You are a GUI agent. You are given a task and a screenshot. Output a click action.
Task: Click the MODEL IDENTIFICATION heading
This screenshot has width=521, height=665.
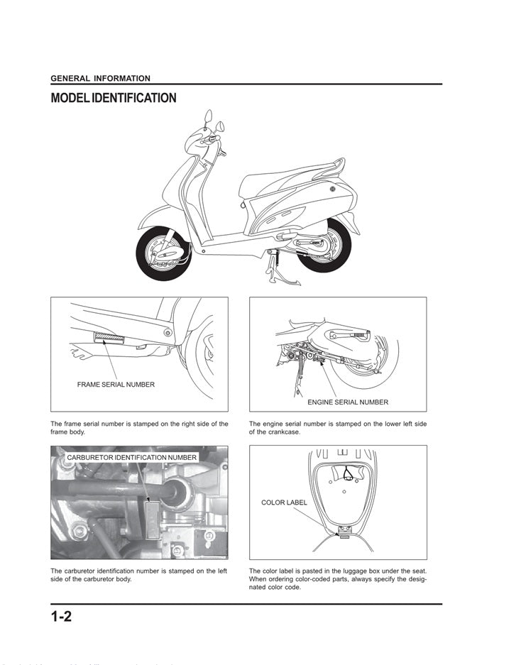click(x=114, y=98)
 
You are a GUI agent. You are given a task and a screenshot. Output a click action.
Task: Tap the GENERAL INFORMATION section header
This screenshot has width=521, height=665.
click(x=101, y=79)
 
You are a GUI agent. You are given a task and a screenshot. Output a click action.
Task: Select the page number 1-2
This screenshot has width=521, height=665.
click(x=62, y=616)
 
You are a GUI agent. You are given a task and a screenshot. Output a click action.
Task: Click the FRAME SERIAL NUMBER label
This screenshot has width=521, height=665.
click(x=116, y=385)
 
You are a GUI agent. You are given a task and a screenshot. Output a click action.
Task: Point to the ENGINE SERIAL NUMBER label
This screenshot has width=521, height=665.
click(x=348, y=402)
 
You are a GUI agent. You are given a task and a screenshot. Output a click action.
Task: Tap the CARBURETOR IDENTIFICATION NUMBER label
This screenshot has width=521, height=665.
click(x=132, y=458)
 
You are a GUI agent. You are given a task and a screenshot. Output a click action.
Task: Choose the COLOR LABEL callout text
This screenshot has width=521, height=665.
click(x=284, y=502)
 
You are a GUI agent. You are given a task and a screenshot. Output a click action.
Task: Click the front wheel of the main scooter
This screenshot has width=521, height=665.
click(x=163, y=253)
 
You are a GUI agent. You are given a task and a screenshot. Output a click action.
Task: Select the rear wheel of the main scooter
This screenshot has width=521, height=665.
click(x=325, y=246)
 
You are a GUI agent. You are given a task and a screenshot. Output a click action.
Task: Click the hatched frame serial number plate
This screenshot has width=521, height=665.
click(x=109, y=337)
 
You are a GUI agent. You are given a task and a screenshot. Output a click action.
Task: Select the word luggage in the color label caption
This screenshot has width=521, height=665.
click(x=343, y=571)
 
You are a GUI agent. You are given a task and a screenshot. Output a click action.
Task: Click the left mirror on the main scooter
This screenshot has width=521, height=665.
click(x=207, y=116)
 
